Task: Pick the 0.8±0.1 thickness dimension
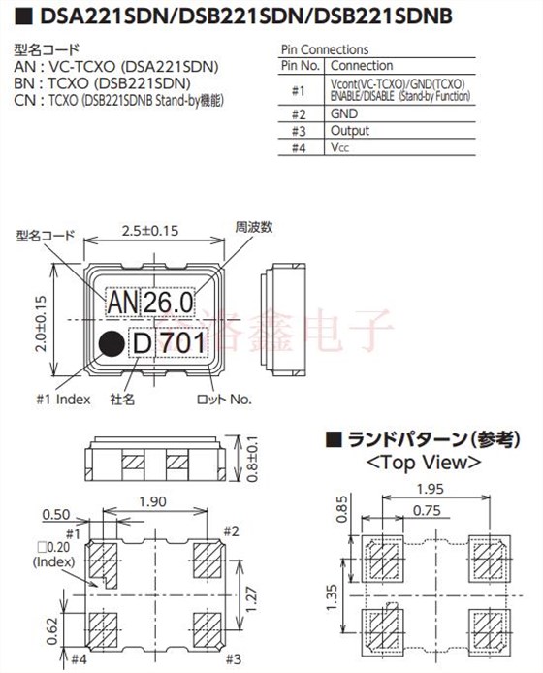tap(253, 459)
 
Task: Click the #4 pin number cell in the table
tap(298, 147)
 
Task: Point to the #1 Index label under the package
tap(63, 399)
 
